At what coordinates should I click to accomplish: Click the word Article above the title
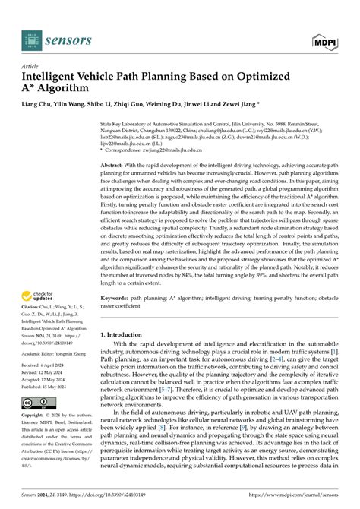(x=31, y=66)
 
